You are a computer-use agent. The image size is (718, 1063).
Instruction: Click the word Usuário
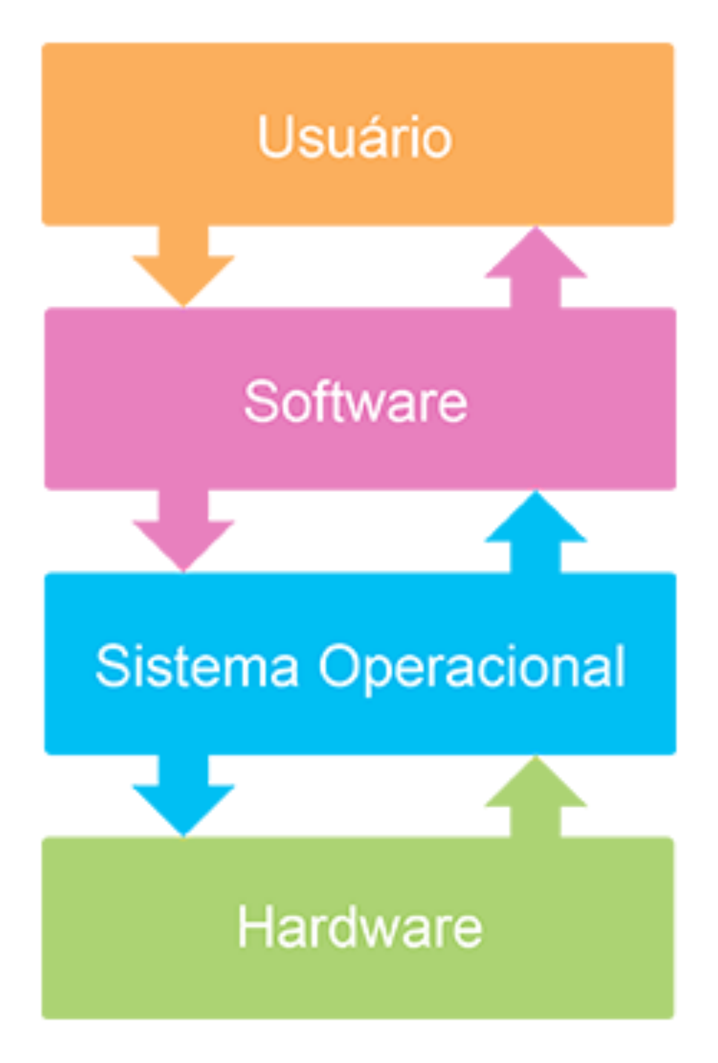click(x=355, y=137)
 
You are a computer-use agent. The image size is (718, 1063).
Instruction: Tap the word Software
click(x=355, y=401)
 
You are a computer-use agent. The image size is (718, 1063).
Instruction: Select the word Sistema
click(x=197, y=666)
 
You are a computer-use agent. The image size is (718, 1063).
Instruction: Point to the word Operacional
click(x=472, y=667)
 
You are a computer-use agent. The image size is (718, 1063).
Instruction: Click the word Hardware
click(x=360, y=927)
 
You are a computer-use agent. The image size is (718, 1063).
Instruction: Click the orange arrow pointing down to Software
click(x=184, y=266)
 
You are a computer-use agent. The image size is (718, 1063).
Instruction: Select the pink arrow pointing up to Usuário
click(x=536, y=266)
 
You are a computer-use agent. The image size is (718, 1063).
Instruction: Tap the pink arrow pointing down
click(x=184, y=531)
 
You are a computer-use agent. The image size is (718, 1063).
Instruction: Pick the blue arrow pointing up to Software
click(x=536, y=531)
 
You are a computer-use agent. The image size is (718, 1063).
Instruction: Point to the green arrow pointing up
click(x=536, y=796)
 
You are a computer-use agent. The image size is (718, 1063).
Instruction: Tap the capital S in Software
click(x=259, y=401)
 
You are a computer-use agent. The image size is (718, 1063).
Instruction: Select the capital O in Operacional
click(x=339, y=666)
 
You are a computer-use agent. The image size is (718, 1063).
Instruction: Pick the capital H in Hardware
click(x=254, y=927)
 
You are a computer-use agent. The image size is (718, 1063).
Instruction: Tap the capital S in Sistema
click(x=112, y=666)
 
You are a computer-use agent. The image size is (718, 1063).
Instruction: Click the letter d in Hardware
click(x=355, y=927)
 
